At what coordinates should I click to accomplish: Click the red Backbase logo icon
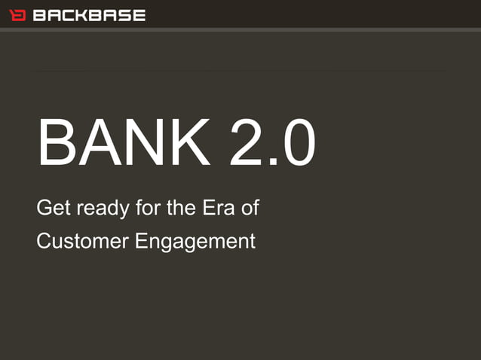click(x=17, y=15)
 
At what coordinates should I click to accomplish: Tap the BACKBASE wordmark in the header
click(x=88, y=15)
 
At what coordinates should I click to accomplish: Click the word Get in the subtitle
click(x=51, y=208)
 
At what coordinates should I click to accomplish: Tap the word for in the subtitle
click(x=143, y=208)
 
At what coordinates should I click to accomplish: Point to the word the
click(x=179, y=208)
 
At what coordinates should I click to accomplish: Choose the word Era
click(x=219, y=208)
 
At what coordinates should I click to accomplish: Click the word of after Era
click(x=250, y=208)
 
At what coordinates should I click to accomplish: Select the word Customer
click(x=83, y=242)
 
